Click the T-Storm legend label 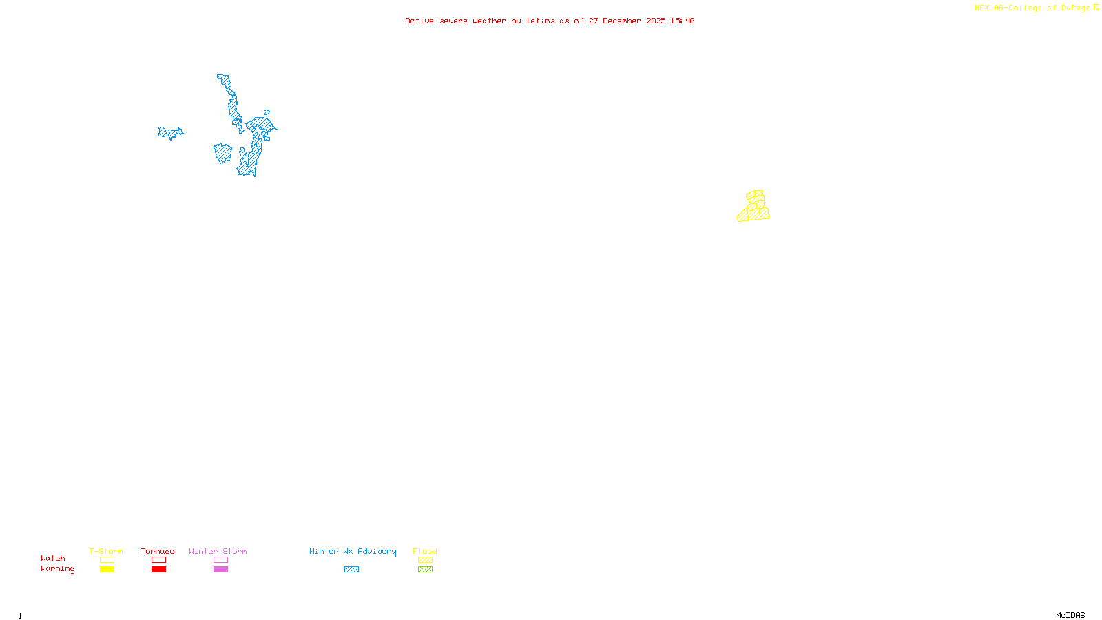point(106,551)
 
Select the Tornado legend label point(158,551)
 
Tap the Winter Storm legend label point(218,551)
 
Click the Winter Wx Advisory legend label point(353,551)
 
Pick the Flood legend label point(425,551)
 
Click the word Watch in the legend point(53,558)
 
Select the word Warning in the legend point(57,569)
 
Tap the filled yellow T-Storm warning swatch point(107,570)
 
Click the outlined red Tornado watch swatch point(158,560)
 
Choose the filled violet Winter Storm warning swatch point(220,570)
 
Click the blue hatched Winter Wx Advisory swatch point(351,570)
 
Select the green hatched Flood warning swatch point(425,570)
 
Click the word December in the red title point(622,21)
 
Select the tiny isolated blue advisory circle point(267,112)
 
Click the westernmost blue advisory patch point(169,133)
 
